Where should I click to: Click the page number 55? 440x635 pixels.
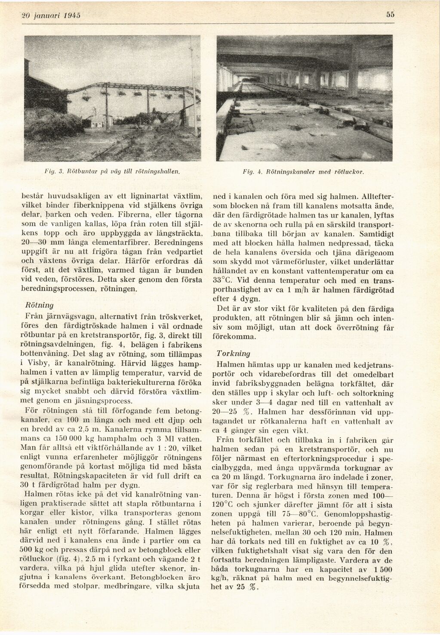pyautogui.click(x=390, y=14)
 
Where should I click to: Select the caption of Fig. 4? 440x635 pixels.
pyautogui.click(x=304, y=172)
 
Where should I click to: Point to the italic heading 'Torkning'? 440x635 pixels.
pyautogui.click(x=233, y=353)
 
